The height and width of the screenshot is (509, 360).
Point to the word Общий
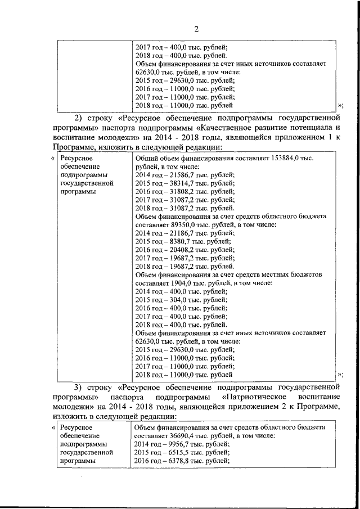click(148, 159)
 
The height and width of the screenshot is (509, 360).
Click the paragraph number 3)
click(78, 388)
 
